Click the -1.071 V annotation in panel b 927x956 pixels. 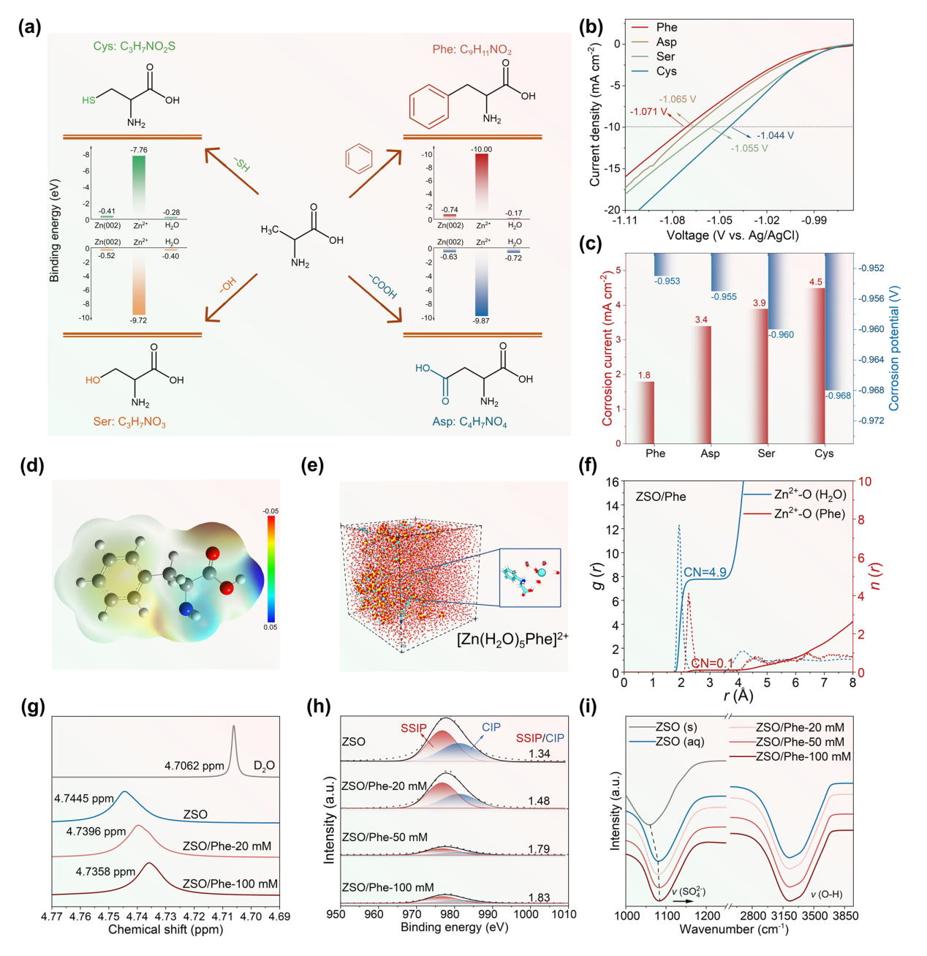click(648, 112)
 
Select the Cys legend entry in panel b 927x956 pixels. click(666, 71)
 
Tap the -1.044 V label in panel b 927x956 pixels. click(775, 135)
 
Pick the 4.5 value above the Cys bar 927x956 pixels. click(815, 282)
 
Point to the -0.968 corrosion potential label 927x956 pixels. click(839, 396)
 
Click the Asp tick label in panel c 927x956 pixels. click(710, 453)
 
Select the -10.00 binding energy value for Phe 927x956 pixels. click(481, 149)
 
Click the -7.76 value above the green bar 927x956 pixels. click(138, 150)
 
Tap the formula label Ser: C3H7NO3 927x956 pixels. click(129, 422)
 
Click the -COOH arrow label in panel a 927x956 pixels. click(382, 286)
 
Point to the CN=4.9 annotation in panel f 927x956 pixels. click(705, 572)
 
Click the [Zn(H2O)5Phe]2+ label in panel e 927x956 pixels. click(512, 639)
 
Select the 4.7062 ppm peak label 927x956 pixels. click(194, 766)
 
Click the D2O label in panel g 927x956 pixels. click(264, 766)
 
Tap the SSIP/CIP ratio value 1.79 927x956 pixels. click(539, 849)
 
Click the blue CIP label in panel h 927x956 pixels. click(491, 727)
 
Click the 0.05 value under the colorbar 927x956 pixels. click(270, 628)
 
